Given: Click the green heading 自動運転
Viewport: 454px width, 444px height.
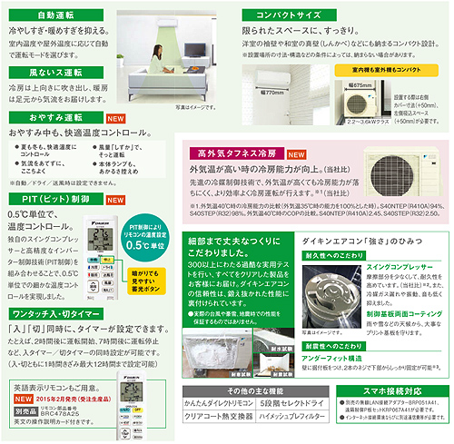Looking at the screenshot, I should [x=54, y=15].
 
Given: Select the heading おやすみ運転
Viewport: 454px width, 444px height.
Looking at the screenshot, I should [x=54, y=118].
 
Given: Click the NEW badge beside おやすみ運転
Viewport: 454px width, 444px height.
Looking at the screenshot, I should [x=115, y=118].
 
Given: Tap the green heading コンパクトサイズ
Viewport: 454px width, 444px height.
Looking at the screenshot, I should [x=281, y=15].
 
